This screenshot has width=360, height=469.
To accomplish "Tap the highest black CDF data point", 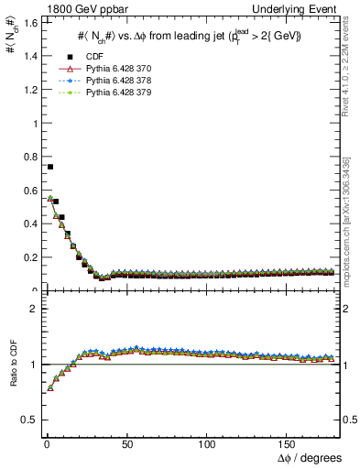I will point(50,167).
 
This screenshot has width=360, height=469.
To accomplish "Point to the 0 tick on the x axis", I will point(46,442).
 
